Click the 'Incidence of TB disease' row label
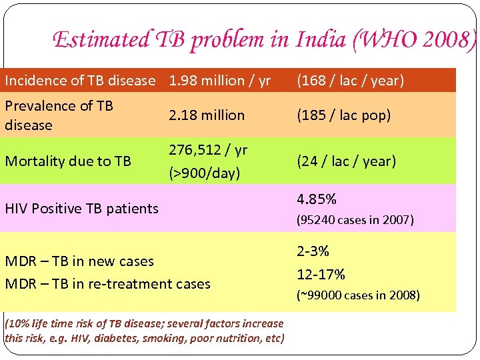[x=80, y=81]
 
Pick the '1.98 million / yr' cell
[x=220, y=81]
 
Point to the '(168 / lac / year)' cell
[x=351, y=81]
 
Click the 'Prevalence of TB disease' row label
[x=59, y=115]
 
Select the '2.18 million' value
[x=207, y=115]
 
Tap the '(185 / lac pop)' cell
[x=344, y=115]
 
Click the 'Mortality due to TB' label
[x=68, y=161]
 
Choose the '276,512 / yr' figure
[x=208, y=150]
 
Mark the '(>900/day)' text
[x=204, y=173]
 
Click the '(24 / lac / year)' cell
[x=347, y=161]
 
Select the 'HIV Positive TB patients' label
[x=81, y=209]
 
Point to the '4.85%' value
[x=317, y=199]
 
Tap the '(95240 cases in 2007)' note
[x=355, y=220]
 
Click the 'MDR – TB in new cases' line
[x=79, y=261]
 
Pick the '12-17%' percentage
[x=321, y=275]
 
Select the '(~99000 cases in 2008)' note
[x=358, y=295]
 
